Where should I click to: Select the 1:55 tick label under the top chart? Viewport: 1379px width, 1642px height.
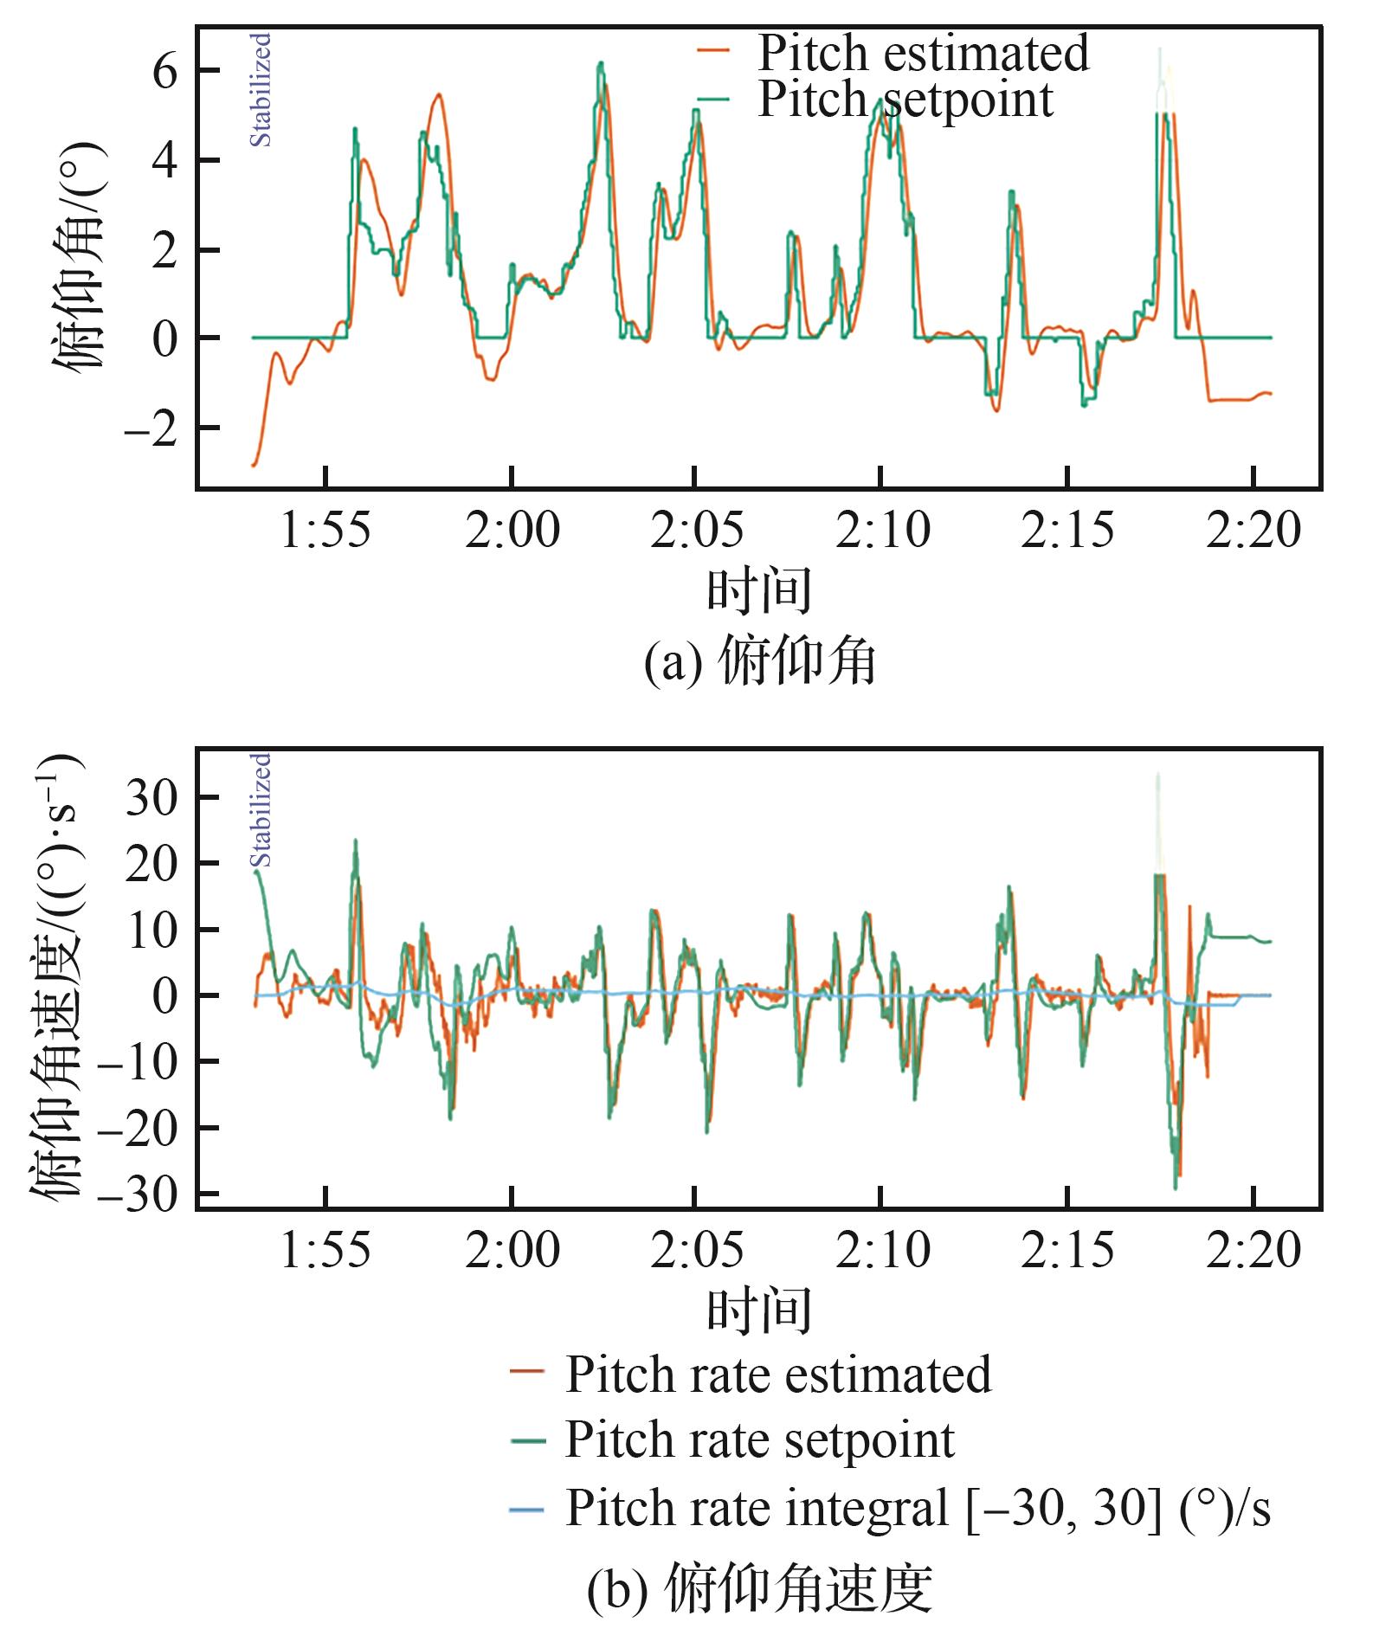pyautogui.click(x=325, y=530)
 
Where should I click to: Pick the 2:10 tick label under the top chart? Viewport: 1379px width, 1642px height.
pyautogui.click(x=882, y=530)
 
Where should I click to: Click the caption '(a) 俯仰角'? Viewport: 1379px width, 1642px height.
pyautogui.click(x=760, y=664)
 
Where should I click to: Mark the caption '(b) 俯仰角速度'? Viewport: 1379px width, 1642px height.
pyautogui.click(x=760, y=1590)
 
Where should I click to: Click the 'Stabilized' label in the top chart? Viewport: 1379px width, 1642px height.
pyautogui.click(x=261, y=90)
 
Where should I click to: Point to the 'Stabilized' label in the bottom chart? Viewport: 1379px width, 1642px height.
pyautogui.click(x=261, y=809)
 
